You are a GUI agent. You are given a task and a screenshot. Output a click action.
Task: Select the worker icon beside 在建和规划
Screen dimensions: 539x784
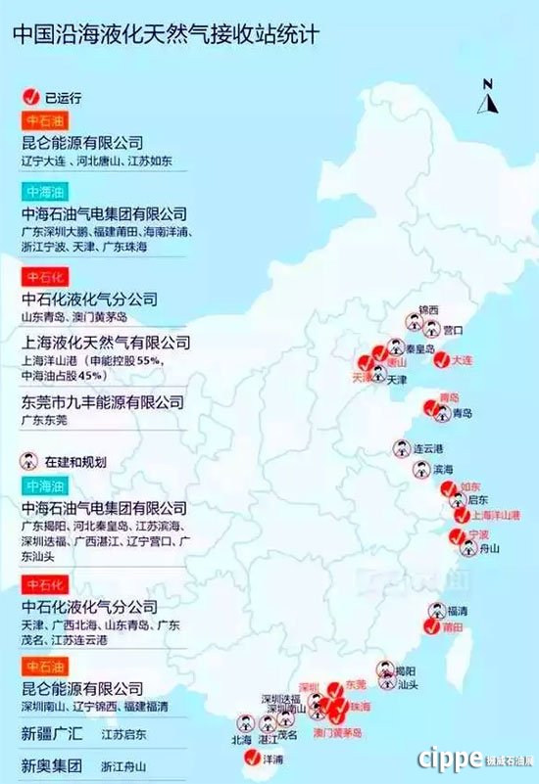tap(29, 460)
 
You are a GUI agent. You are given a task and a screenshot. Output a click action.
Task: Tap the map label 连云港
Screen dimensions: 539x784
tap(428, 448)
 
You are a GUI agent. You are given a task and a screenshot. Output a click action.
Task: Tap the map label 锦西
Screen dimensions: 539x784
tap(429, 310)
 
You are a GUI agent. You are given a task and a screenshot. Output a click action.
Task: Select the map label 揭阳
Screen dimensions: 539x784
tap(405, 670)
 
